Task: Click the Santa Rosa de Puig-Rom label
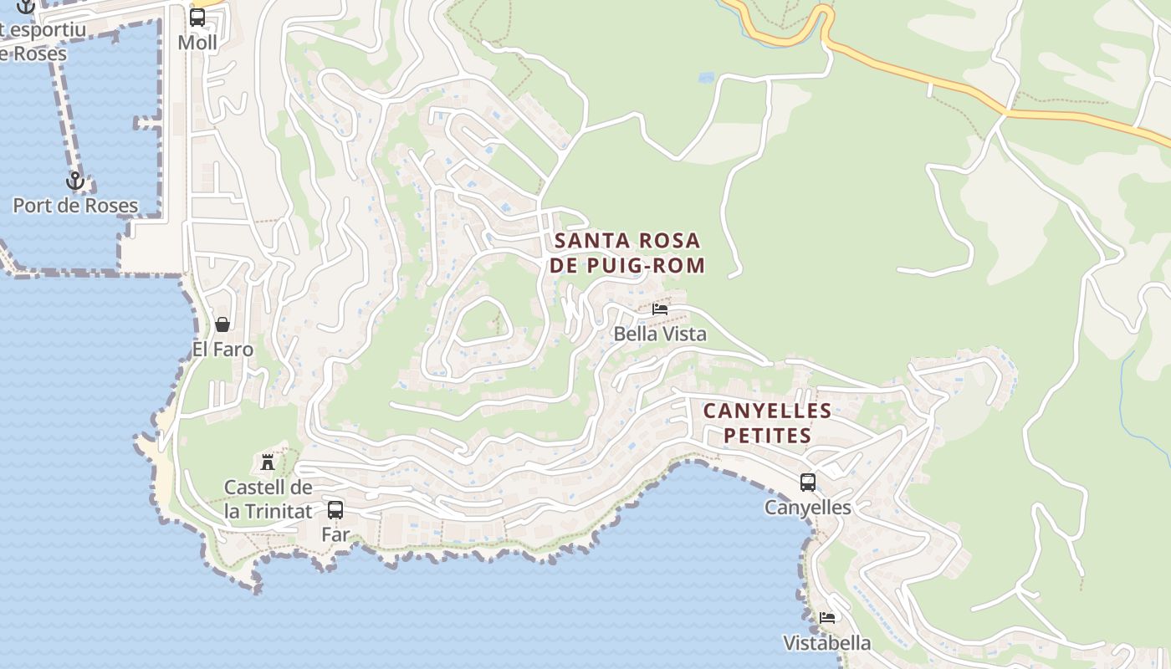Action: click(x=628, y=253)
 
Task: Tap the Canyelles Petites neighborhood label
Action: click(x=767, y=423)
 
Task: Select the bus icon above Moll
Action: click(x=197, y=18)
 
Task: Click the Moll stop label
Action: click(x=197, y=43)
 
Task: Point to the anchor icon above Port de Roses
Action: click(x=75, y=181)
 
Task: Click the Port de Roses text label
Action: click(x=75, y=206)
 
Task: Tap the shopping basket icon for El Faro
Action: click(x=222, y=324)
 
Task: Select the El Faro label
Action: click(x=222, y=350)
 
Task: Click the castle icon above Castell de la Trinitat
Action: click(x=268, y=462)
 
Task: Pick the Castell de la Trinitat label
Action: click(x=268, y=499)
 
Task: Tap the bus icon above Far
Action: click(x=335, y=509)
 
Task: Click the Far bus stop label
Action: click(x=335, y=534)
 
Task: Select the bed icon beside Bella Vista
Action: click(x=660, y=309)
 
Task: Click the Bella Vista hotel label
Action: click(x=660, y=334)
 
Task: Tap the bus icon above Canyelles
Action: click(x=808, y=483)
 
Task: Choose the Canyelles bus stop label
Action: click(x=808, y=508)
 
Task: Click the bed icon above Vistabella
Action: click(x=827, y=618)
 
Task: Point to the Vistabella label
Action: click(x=827, y=643)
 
